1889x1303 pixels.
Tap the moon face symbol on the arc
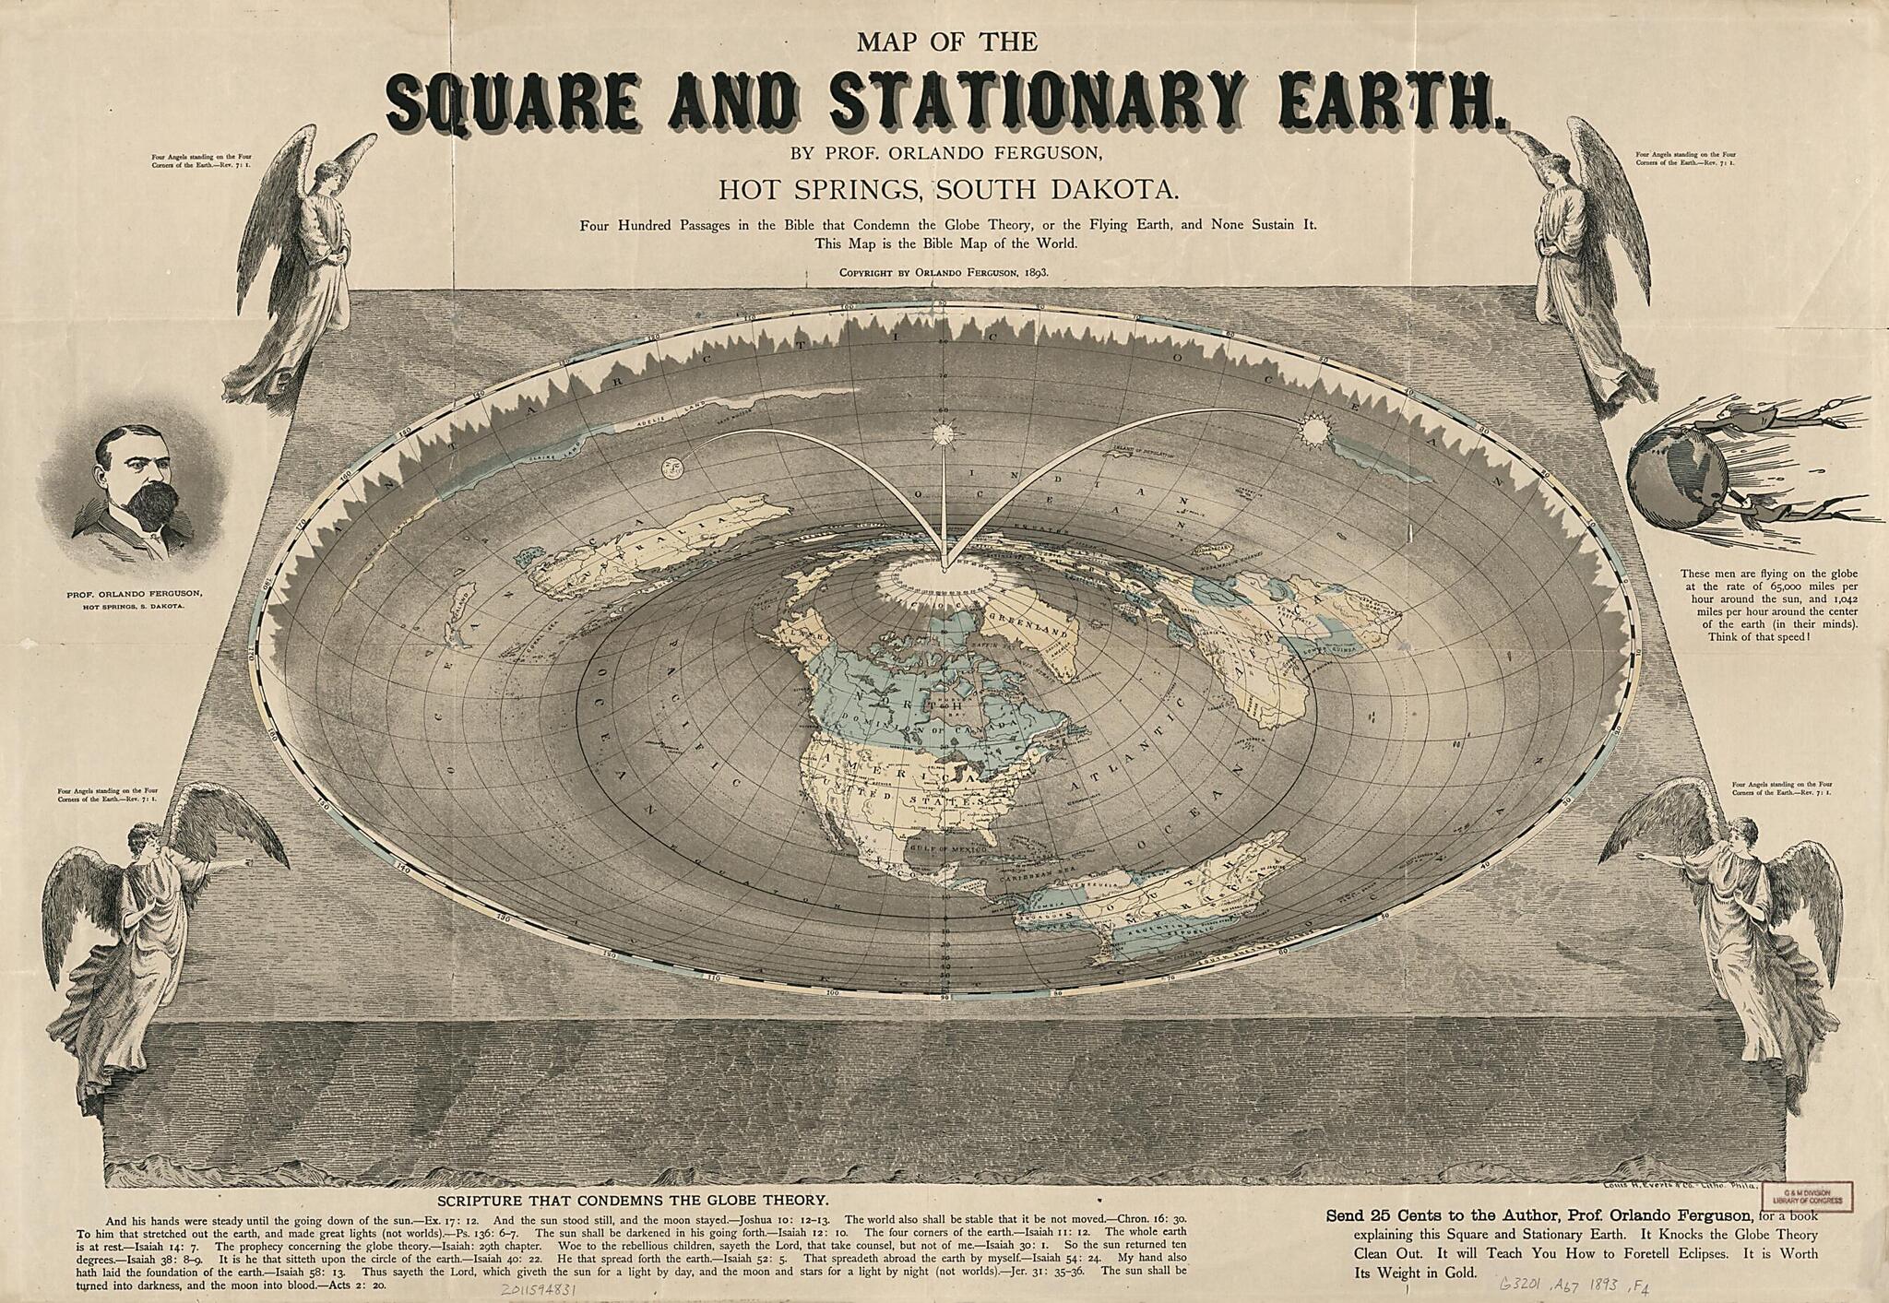pyautogui.click(x=671, y=467)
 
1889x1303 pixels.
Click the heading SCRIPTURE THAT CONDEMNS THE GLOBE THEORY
pyautogui.click(x=632, y=1200)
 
